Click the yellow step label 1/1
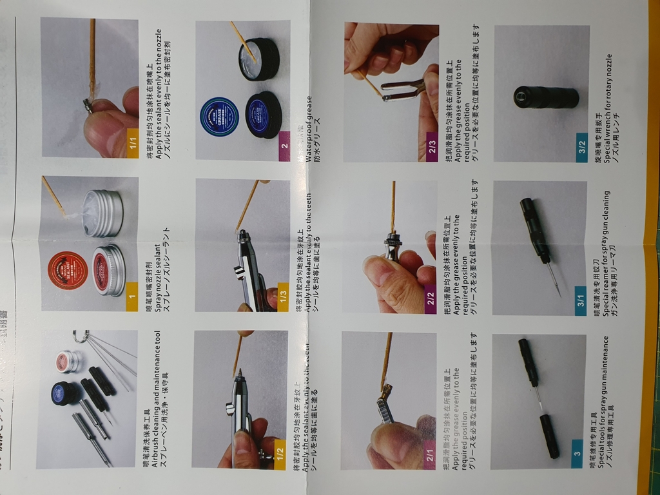[132, 139]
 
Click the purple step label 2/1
[431, 456]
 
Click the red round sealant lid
[67, 269]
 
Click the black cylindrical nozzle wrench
[546, 97]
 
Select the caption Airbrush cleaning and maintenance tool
[155, 400]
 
